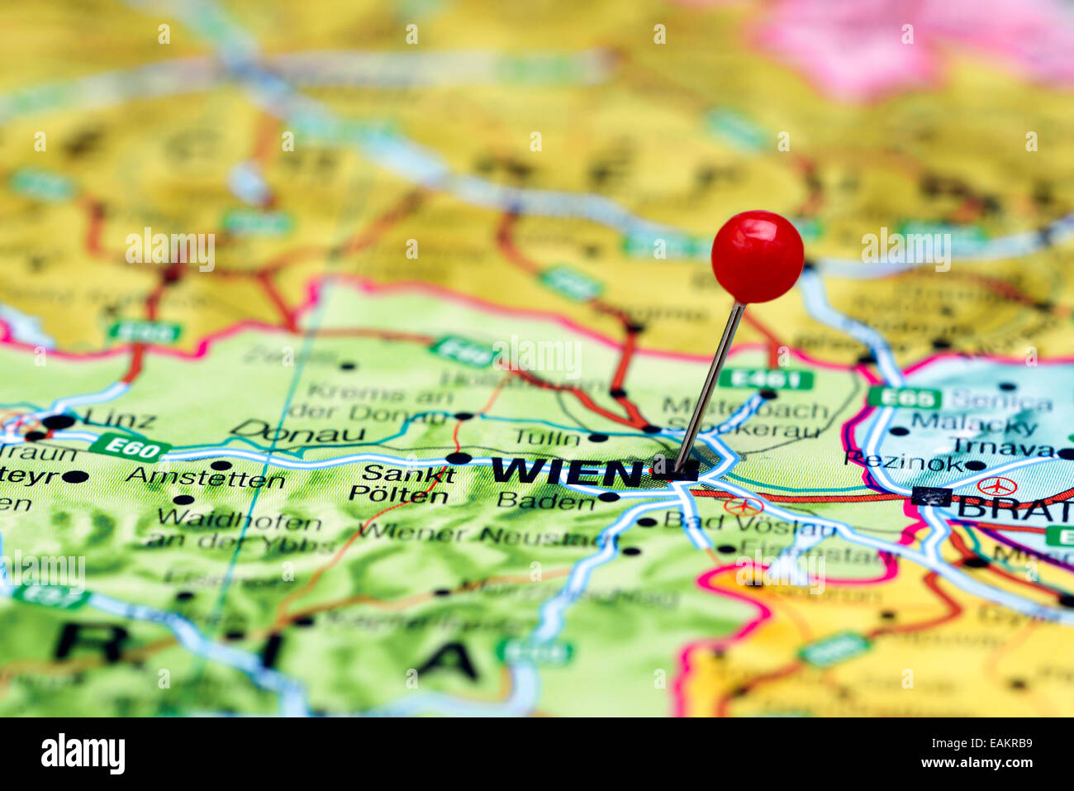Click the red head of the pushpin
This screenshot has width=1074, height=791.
pyautogui.click(x=757, y=256)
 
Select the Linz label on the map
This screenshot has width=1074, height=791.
pyautogui.click(x=120, y=418)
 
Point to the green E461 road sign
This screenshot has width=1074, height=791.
pyautogui.click(x=765, y=379)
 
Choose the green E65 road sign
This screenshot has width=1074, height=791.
pyautogui.click(x=904, y=398)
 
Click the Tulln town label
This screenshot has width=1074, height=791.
pyautogui.click(x=547, y=436)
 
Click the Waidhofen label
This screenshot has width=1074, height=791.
pyautogui.click(x=239, y=521)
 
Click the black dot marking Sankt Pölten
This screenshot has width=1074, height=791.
pyautogui.click(x=458, y=458)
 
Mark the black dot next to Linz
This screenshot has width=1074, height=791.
pyautogui.click(x=59, y=422)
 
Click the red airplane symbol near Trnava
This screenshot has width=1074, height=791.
pyautogui.click(x=997, y=486)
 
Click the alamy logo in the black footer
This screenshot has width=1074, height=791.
pyautogui.click(x=83, y=753)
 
